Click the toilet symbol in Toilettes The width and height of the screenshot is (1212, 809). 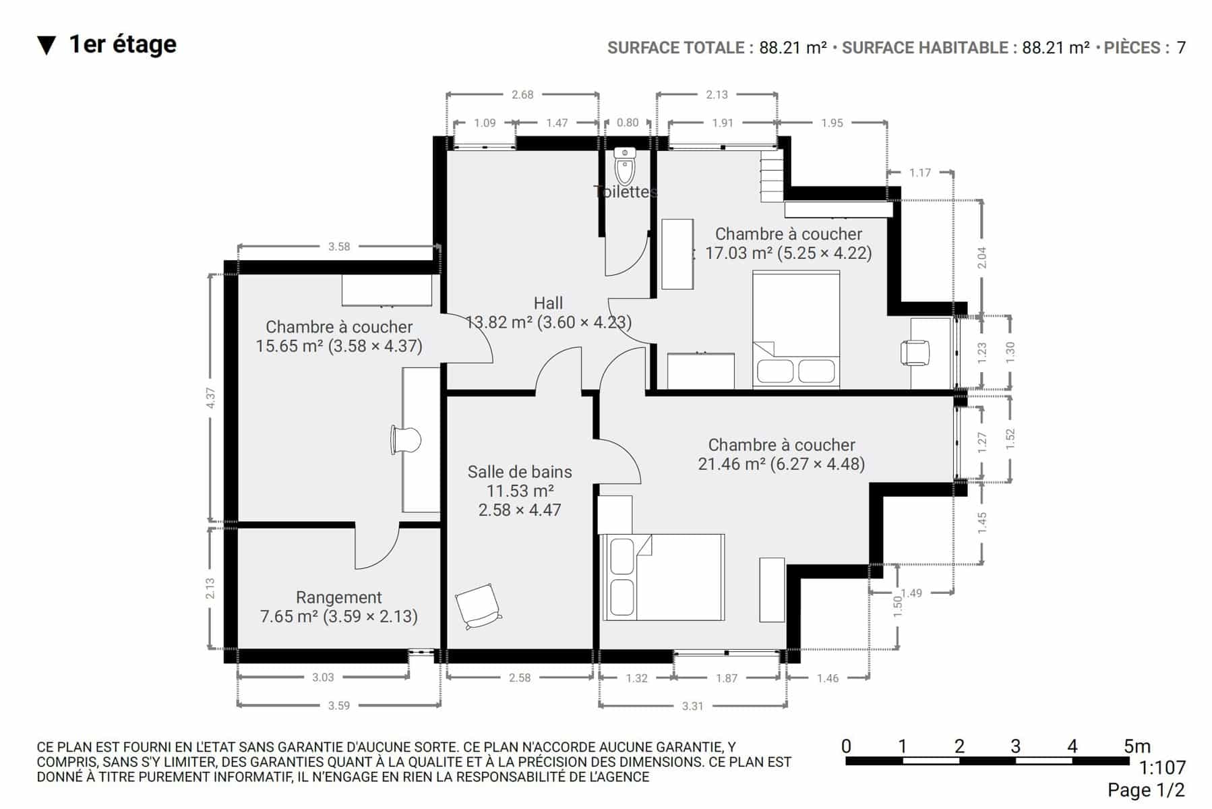625,166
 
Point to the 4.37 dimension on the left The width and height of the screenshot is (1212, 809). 211,398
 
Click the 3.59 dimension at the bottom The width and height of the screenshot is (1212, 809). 339,706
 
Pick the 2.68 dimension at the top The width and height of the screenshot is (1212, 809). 522,94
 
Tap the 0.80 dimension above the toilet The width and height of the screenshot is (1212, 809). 628,123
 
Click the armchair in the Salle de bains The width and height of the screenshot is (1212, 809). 478,605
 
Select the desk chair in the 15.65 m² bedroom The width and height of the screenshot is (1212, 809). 406,440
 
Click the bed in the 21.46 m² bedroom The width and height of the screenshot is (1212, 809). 663,577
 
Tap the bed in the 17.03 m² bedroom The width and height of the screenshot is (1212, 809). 796,330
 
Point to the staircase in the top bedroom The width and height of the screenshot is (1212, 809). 772,176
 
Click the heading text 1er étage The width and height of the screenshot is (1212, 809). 123,44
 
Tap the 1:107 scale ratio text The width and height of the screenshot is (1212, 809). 1162,768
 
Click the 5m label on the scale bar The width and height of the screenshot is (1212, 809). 1137,746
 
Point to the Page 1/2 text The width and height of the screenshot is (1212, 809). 1146,790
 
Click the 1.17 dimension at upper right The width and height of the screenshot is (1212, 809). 920,173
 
